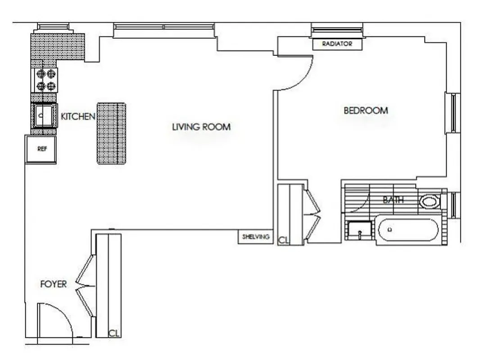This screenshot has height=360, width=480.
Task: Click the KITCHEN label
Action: [78, 117]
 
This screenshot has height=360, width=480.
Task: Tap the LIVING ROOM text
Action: [201, 127]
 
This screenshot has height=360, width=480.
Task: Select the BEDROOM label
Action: [366, 110]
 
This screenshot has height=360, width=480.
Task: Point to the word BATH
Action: [393, 200]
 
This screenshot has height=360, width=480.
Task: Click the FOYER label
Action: [53, 284]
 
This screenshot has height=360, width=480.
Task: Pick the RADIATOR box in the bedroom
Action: [336, 44]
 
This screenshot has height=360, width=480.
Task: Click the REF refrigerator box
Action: [41, 149]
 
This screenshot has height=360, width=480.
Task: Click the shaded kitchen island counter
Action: [111, 133]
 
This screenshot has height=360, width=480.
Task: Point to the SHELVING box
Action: [256, 237]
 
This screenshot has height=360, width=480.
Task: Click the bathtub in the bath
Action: [408, 231]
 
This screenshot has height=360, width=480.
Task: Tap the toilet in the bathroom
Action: [430, 201]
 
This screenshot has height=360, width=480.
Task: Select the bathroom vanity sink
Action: [360, 233]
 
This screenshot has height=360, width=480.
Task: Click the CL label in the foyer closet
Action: [114, 333]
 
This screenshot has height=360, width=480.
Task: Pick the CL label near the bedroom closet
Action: [283, 240]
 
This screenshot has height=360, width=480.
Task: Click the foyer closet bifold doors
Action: [86, 286]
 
